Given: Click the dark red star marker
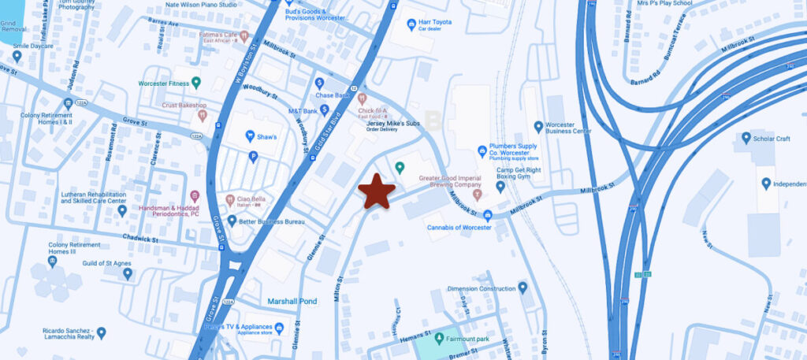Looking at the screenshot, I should [377, 191].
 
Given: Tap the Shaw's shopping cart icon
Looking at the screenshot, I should [251, 136].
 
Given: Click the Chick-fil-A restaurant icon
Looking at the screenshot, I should [362, 99].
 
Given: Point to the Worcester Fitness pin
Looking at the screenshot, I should [196, 82].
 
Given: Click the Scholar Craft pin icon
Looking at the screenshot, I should [746, 138].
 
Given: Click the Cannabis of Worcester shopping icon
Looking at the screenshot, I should [487, 215].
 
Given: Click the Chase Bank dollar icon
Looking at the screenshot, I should [320, 83].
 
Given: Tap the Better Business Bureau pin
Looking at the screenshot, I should [232, 221].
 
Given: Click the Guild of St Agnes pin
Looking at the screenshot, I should [128, 273].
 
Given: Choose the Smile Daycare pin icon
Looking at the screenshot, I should [17, 56].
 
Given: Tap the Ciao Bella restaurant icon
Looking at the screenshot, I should [231, 199].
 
